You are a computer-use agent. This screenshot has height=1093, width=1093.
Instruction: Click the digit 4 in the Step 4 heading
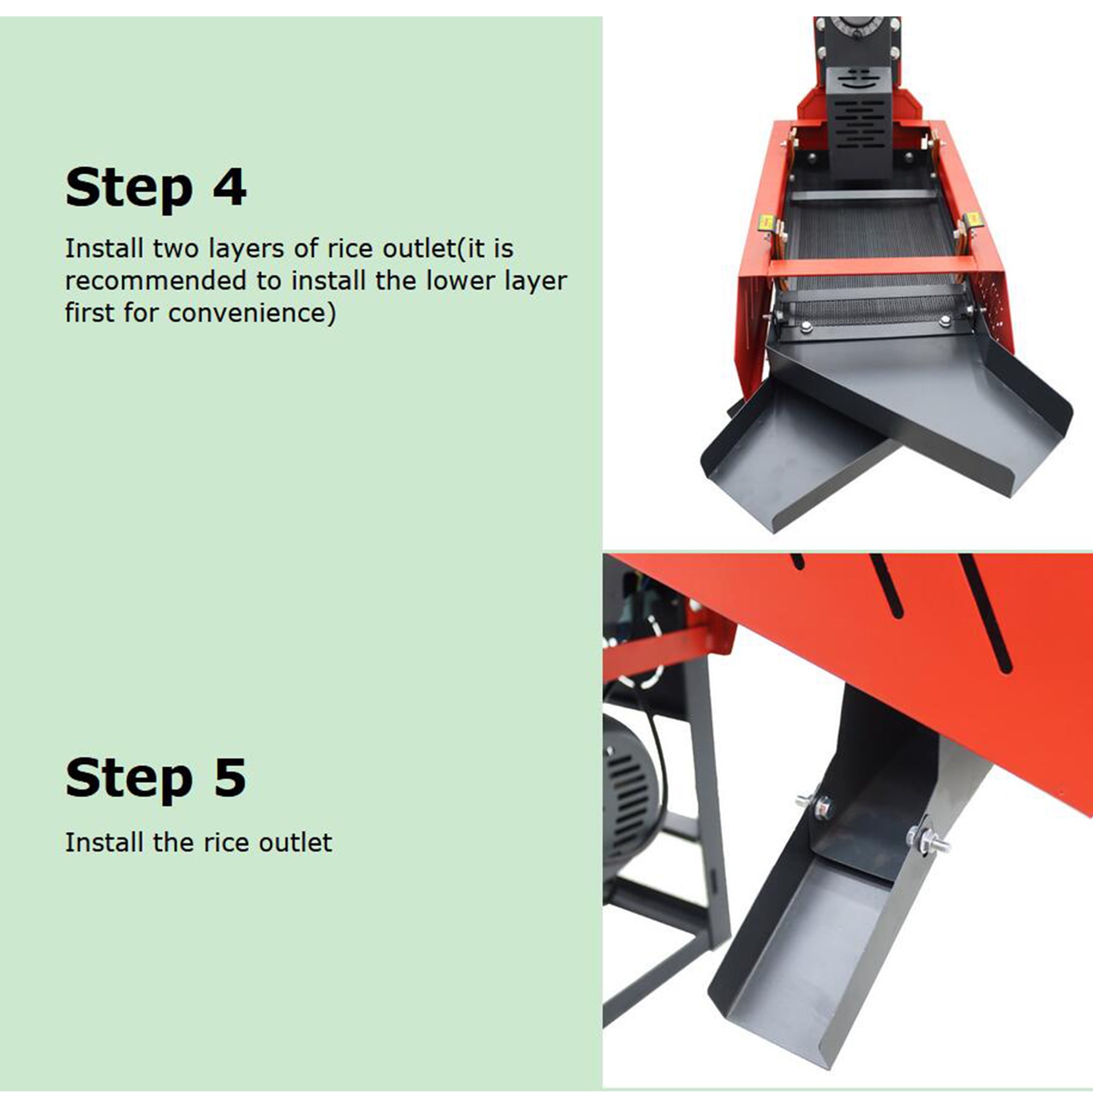pyautogui.click(x=229, y=186)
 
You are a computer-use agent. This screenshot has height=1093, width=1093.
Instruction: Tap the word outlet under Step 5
pyautogui.click(x=295, y=842)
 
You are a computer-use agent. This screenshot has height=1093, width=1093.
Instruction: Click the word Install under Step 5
pyautogui.click(x=105, y=842)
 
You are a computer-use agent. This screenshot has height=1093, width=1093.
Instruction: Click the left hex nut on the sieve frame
pyautogui.click(x=807, y=326)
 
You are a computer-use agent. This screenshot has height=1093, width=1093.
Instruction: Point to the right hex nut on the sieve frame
pyautogui.click(x=944, y=323)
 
